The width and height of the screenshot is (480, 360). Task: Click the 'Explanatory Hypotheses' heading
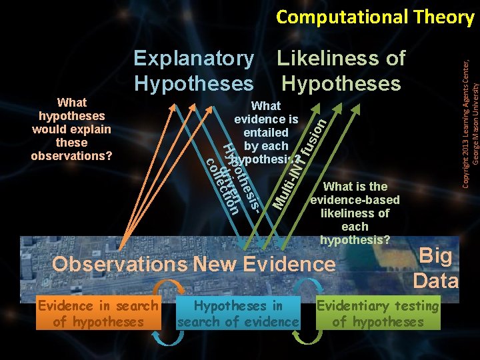click(x=193, y=71)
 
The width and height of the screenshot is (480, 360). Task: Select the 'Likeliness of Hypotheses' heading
click(x=341, y=71)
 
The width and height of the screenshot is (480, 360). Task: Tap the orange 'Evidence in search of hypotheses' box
click(x=97, y=314)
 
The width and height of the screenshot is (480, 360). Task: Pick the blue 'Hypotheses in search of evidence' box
click(x=238, y=314)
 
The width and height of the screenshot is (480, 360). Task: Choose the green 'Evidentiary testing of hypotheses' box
click(x=378, y=314)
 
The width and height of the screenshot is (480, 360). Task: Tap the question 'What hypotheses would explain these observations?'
click(x=72, y=129)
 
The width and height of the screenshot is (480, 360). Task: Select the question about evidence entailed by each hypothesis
click(x=266, y=133)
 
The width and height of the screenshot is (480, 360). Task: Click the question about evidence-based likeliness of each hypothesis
click(x=355, y=213)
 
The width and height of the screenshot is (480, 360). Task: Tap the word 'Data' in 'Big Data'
click(x=436, y=281)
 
